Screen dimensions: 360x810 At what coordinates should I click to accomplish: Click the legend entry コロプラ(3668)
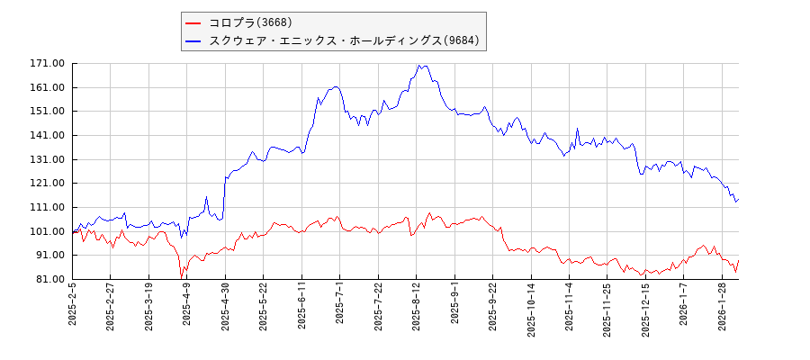click(250, 22)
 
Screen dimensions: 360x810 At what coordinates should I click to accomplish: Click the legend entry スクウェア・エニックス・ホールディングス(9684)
click(344, 40)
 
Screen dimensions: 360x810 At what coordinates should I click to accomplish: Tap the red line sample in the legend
click(193, 22)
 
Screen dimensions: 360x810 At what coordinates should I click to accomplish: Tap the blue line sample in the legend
click(193, 40)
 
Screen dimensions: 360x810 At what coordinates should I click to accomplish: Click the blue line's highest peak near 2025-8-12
click(419, 65)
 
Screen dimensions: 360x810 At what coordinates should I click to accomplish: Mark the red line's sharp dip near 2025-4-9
click(182, 277)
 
